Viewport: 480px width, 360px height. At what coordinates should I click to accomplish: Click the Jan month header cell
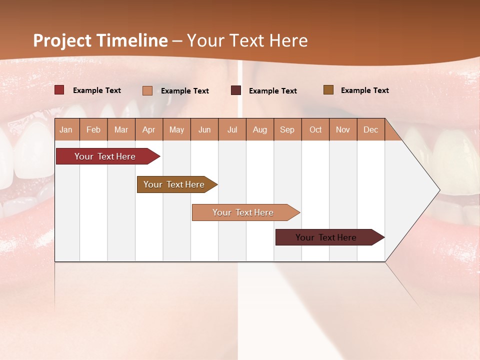coord(66,130)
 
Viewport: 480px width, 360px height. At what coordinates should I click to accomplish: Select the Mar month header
coord(121,130)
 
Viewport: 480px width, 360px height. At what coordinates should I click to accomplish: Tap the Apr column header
coord(149,130)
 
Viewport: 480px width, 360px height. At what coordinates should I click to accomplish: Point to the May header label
coord(176,130)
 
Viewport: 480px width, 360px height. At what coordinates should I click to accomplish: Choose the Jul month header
coord(232,130)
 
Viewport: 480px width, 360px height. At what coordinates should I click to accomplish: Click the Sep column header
coord(287,130)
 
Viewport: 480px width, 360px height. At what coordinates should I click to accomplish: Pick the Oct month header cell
coord(315,130)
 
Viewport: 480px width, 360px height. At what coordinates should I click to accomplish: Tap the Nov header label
coord(343,130)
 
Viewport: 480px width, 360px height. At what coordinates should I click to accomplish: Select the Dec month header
coord(371,130)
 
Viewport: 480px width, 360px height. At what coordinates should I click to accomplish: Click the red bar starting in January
coord(105,156)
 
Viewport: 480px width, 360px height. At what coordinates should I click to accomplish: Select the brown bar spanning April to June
coord(174,184)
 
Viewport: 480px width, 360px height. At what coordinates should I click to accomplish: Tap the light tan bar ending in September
coord(243,212)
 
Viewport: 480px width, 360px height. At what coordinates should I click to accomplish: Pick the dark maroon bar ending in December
coord(326,237)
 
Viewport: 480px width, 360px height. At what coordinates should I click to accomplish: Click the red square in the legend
coord(59,90)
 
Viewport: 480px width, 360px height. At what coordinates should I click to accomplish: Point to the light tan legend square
coord(147,90)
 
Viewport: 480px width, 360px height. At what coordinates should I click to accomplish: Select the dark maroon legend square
coord(236,90)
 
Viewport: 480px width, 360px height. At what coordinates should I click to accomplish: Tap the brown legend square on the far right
coord(328,90)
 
